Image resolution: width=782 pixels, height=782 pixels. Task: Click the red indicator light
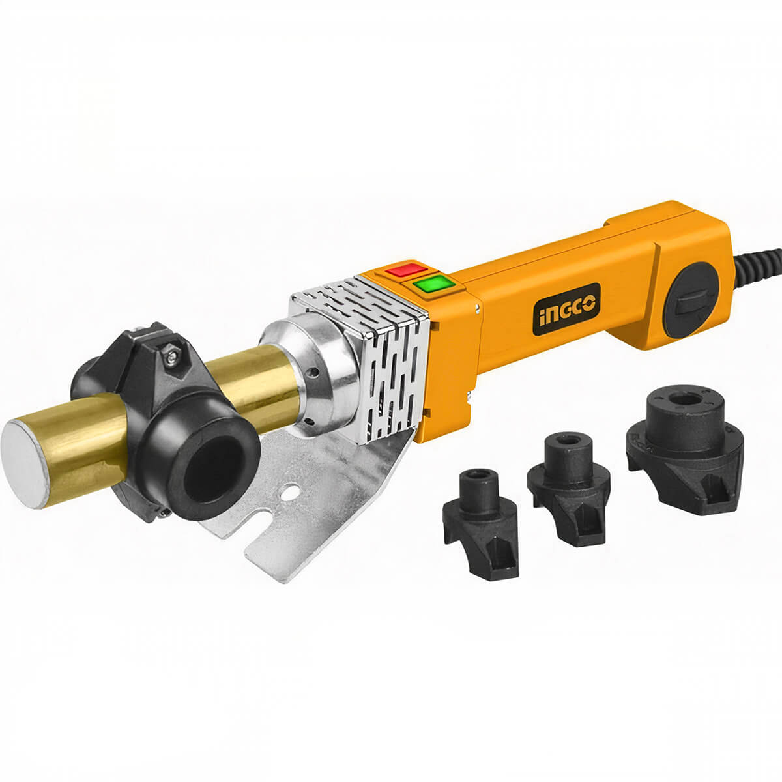tap(406, 269)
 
